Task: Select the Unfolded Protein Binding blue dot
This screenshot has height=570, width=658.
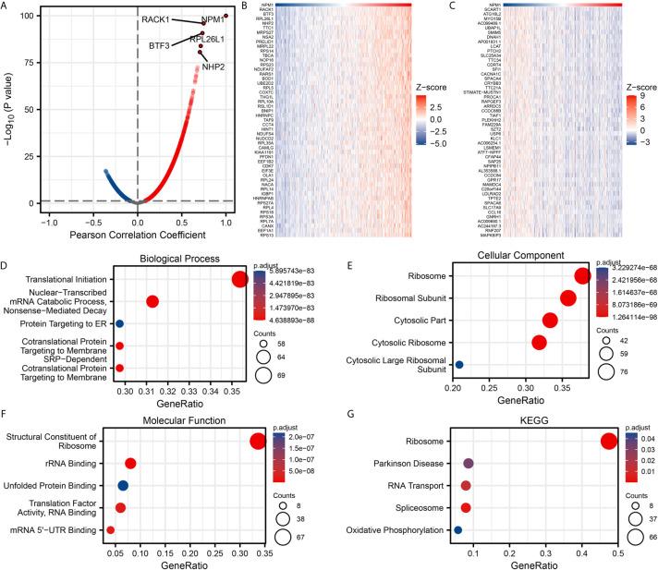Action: click(124, 485)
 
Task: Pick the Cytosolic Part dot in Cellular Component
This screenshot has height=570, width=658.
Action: click(550, 321)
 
